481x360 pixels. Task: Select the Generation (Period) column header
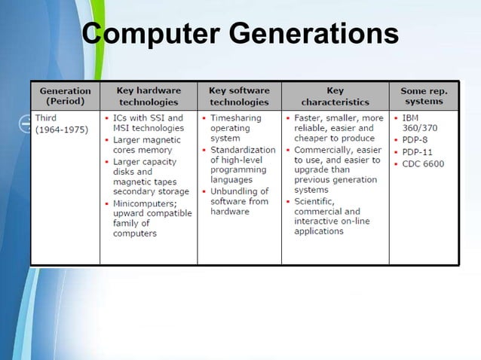point(65,96)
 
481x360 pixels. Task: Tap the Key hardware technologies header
point(149,96)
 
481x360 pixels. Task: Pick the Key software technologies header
point(239,96)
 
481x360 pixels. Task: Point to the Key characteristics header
point(335,96)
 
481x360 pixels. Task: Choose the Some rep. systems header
point(424,96)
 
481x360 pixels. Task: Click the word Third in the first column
point(46,118)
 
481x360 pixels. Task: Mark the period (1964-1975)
point(61,130)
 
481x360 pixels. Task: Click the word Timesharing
point(235,118)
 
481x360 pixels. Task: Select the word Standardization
point(243,150)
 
